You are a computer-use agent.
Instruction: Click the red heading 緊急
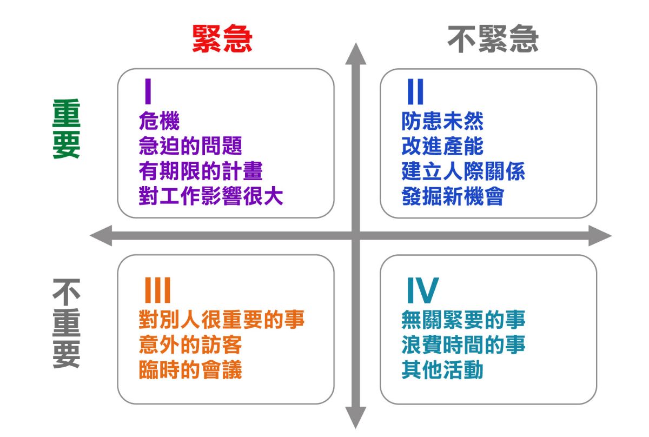pyautogui.click(x=222, y=38)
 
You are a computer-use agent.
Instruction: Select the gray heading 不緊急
pyautogui.click(x=493, y=39)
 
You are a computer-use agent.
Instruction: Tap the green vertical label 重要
pyautogui.click(x=67, y=129)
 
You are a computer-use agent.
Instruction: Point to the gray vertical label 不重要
pyautogui.click(x=67, y=323)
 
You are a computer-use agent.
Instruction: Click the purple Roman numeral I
pyautogui.click(x=148, y=91)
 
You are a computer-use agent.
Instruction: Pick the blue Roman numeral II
pyautogui.click(x=415, y=91)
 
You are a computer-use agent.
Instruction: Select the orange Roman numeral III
pyautogui.click(x=157, y=290)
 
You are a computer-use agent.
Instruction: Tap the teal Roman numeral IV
pyautogui.click(x=423, y=290)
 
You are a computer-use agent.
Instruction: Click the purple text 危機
pyautogui.click(x=160, y=121)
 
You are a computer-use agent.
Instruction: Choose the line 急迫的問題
pyautogui.click(x=190, y=146)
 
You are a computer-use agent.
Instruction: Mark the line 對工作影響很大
pyautogui.click(x=211, y=196)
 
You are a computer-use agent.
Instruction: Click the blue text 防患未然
pyautogui.click(x=442, y=121)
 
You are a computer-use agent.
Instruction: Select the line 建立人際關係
pyautogui.click(x=463, y=171)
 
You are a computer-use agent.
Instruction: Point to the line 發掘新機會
pyautogui.click(x=453, y=196)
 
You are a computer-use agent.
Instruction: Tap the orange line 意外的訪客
pyautogui.click(x=190, y=345)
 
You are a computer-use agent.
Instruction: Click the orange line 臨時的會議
pyautogui.click(x=190, y=369)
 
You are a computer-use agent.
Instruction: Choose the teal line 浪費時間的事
pyautogui.click(x=463, y=345)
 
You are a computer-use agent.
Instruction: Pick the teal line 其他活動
pyautogui.click(x=442, y=369)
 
